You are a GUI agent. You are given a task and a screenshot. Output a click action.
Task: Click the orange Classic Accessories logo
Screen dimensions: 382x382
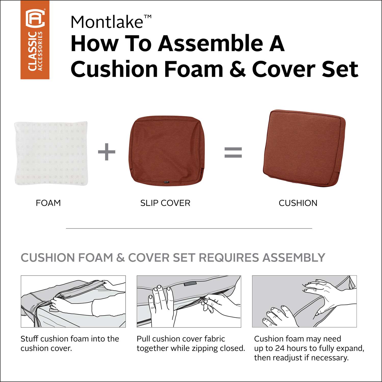click(35, 40)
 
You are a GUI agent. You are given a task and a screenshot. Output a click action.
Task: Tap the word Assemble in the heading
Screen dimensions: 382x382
click(210, 43)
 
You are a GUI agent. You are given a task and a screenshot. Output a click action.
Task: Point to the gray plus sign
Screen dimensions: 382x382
click(107, 152)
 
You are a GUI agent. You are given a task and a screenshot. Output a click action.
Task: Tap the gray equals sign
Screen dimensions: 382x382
click(233, 152)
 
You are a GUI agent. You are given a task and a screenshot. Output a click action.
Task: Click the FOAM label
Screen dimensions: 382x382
click(48, 203)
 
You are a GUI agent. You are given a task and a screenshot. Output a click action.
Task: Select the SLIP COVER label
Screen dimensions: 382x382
click(165, 203)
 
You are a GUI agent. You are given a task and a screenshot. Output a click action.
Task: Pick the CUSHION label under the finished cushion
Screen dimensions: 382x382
click(298, 203)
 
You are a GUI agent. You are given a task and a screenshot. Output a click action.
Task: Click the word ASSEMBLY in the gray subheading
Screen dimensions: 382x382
click(294, 258)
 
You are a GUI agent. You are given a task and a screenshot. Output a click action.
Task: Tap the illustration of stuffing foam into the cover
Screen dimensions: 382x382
click(73, 302)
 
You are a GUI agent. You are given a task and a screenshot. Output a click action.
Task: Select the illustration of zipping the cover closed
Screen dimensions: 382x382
click(189, 302)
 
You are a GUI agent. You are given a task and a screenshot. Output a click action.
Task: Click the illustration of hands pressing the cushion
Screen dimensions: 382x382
click(304, 302)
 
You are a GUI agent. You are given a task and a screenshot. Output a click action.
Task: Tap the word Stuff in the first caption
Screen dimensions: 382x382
click(30, 339)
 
